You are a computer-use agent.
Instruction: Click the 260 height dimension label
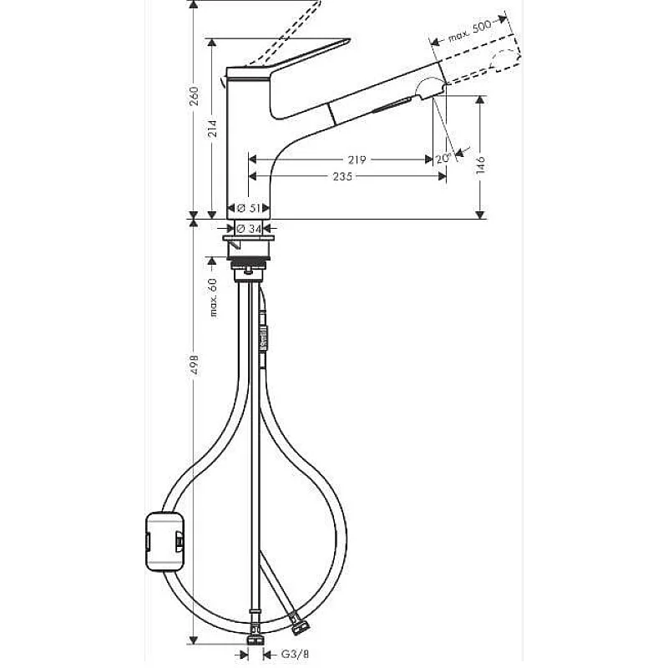(194, 96)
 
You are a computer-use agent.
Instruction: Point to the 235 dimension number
(343, 176)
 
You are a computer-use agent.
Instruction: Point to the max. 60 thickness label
(213, 297)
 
